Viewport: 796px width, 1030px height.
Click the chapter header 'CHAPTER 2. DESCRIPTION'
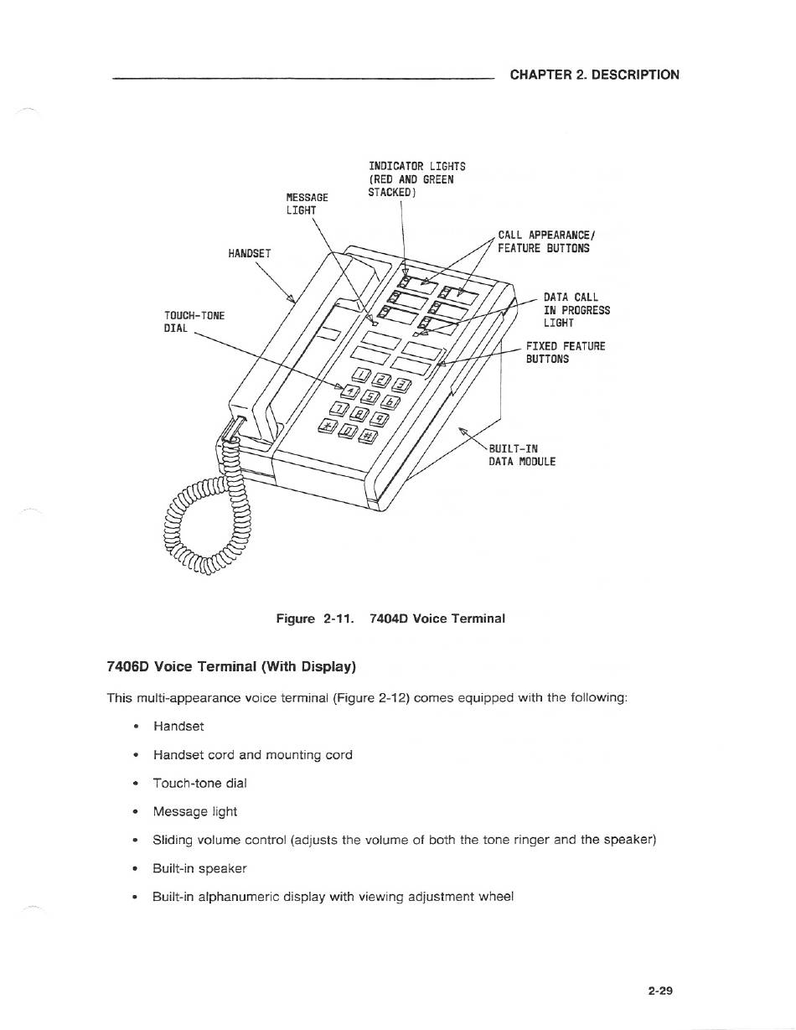coord(594,75)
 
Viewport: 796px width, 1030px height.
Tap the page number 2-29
coord(660,990)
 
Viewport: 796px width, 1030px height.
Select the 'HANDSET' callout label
coord(250,254)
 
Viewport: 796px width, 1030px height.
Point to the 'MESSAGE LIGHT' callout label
coord(307,204)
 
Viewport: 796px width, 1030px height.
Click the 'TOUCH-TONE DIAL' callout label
coord(194,322)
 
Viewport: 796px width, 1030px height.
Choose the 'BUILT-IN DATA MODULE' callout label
coord(522,455)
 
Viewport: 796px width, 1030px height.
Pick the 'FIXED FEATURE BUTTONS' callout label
coord(566,353)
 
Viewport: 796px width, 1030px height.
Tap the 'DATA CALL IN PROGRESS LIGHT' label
coord(576,310)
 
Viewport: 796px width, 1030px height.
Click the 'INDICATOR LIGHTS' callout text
coord(417,167)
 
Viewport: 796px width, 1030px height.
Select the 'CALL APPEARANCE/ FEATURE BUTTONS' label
coord(546,241)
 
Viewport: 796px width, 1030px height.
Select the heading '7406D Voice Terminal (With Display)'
coord(231,666)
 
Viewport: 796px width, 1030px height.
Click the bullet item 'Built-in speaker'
coord(199,868)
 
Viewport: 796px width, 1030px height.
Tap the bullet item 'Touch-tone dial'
coord(200,783)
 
